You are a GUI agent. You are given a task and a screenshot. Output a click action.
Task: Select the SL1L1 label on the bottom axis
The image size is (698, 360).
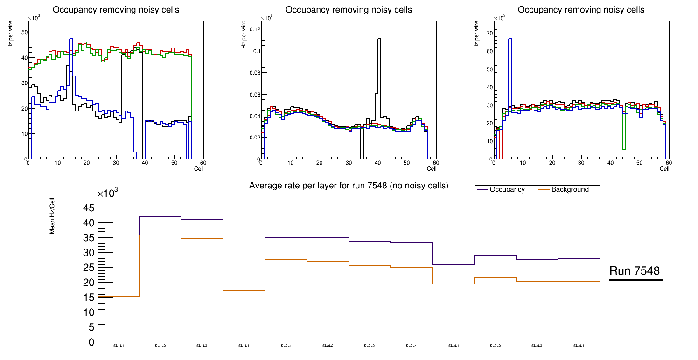[119, 346]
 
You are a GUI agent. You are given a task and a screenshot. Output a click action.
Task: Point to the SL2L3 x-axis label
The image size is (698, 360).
[370, 346]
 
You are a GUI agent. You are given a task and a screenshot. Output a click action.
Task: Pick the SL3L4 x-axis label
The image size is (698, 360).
[579, 346]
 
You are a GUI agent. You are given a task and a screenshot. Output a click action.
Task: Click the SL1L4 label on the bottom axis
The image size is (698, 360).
[244, 346]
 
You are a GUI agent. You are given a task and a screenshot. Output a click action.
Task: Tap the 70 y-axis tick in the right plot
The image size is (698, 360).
[490, 33]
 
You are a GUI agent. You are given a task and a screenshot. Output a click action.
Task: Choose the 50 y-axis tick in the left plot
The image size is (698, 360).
[24, 32]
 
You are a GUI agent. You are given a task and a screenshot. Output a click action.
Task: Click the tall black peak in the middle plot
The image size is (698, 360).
[379, 39]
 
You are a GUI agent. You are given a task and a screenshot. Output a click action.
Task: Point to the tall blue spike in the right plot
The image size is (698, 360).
[510, 39]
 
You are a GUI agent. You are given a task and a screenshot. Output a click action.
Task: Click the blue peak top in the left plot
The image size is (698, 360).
[71, 39]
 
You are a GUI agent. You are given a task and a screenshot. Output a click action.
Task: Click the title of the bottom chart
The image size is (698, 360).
[349, 186]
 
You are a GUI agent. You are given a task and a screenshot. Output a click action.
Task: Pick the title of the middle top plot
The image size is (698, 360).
[349, 10]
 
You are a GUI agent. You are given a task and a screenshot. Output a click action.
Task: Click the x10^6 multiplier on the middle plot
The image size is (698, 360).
[266, 18]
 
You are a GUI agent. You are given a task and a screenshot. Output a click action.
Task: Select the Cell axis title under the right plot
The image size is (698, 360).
[664, 169]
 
